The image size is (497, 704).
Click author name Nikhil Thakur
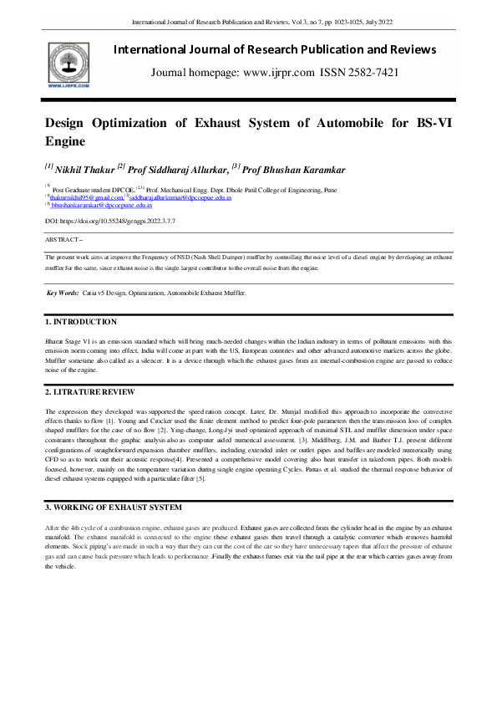(x=89, y=171)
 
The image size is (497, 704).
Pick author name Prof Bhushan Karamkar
(x=287, y=171)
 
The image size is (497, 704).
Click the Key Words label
(x=63, y=293)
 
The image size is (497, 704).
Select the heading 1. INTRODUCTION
(x=81, y=321)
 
